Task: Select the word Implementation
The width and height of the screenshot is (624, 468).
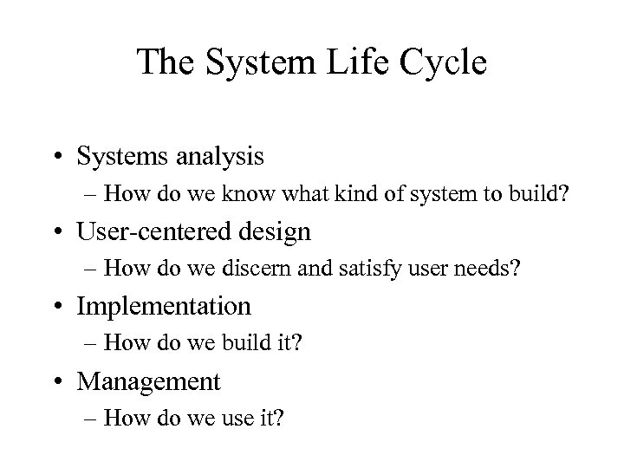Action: [164, 306]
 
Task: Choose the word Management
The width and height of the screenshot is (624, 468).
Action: [149, 380]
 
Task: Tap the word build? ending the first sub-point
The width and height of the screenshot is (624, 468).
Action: [541, 193]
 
